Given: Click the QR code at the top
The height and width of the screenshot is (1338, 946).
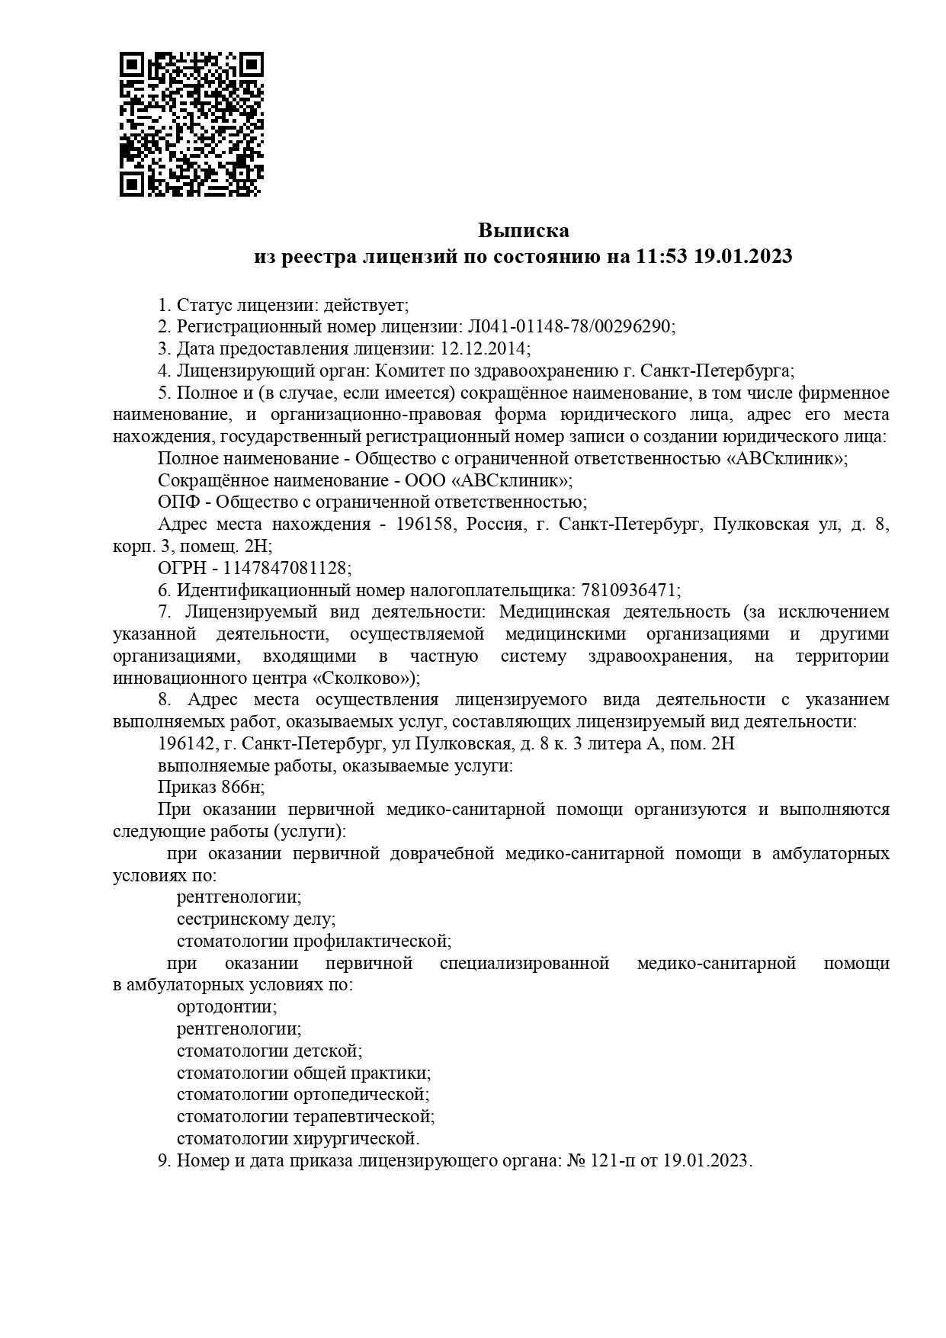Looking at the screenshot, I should tap(191, 124).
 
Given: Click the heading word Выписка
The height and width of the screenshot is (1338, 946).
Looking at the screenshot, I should tap(524, 230).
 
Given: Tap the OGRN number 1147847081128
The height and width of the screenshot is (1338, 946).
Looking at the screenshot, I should tap(287, 569).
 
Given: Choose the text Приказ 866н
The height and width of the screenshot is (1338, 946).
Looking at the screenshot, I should tap(210, 788).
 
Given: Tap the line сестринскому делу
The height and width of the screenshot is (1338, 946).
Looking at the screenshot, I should tap(255, 919).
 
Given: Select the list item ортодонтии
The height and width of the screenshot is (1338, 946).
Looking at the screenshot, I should tap(226, 1007).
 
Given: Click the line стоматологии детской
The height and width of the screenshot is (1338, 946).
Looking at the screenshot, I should tap(269, 1051).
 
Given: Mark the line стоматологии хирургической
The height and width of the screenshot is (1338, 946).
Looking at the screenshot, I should tap(297, 1139).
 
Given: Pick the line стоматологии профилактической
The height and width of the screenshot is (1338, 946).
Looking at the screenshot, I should tap(313, 942).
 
